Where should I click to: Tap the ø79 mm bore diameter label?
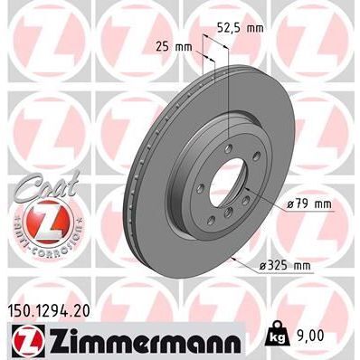pyautogui.click(x=308, y=204)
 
